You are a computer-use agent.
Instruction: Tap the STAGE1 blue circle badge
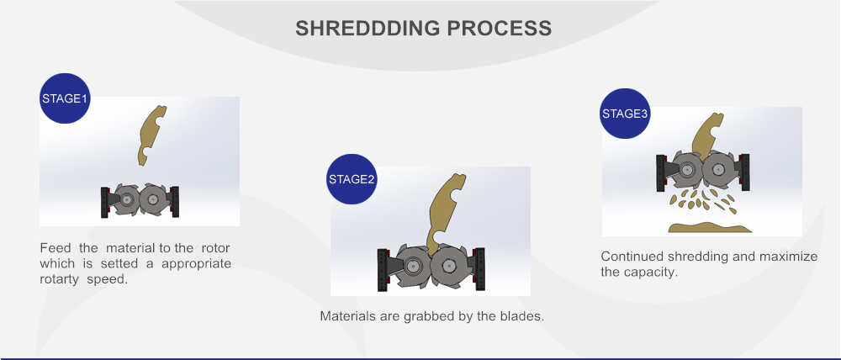coord(65,98)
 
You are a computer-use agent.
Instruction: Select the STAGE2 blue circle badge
coord(352,179)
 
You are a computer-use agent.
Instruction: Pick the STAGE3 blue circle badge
coord(625,114)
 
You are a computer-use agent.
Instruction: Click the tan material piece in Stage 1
coord(151,134)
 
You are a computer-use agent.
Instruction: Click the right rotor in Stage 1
coord(153,199)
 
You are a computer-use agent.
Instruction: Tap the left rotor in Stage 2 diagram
coord(412,265)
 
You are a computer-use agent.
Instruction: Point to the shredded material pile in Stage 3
coord(709,226)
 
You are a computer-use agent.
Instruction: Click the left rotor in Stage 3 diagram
coord(685,169)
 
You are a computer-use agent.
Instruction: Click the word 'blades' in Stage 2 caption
coord(524,316)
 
